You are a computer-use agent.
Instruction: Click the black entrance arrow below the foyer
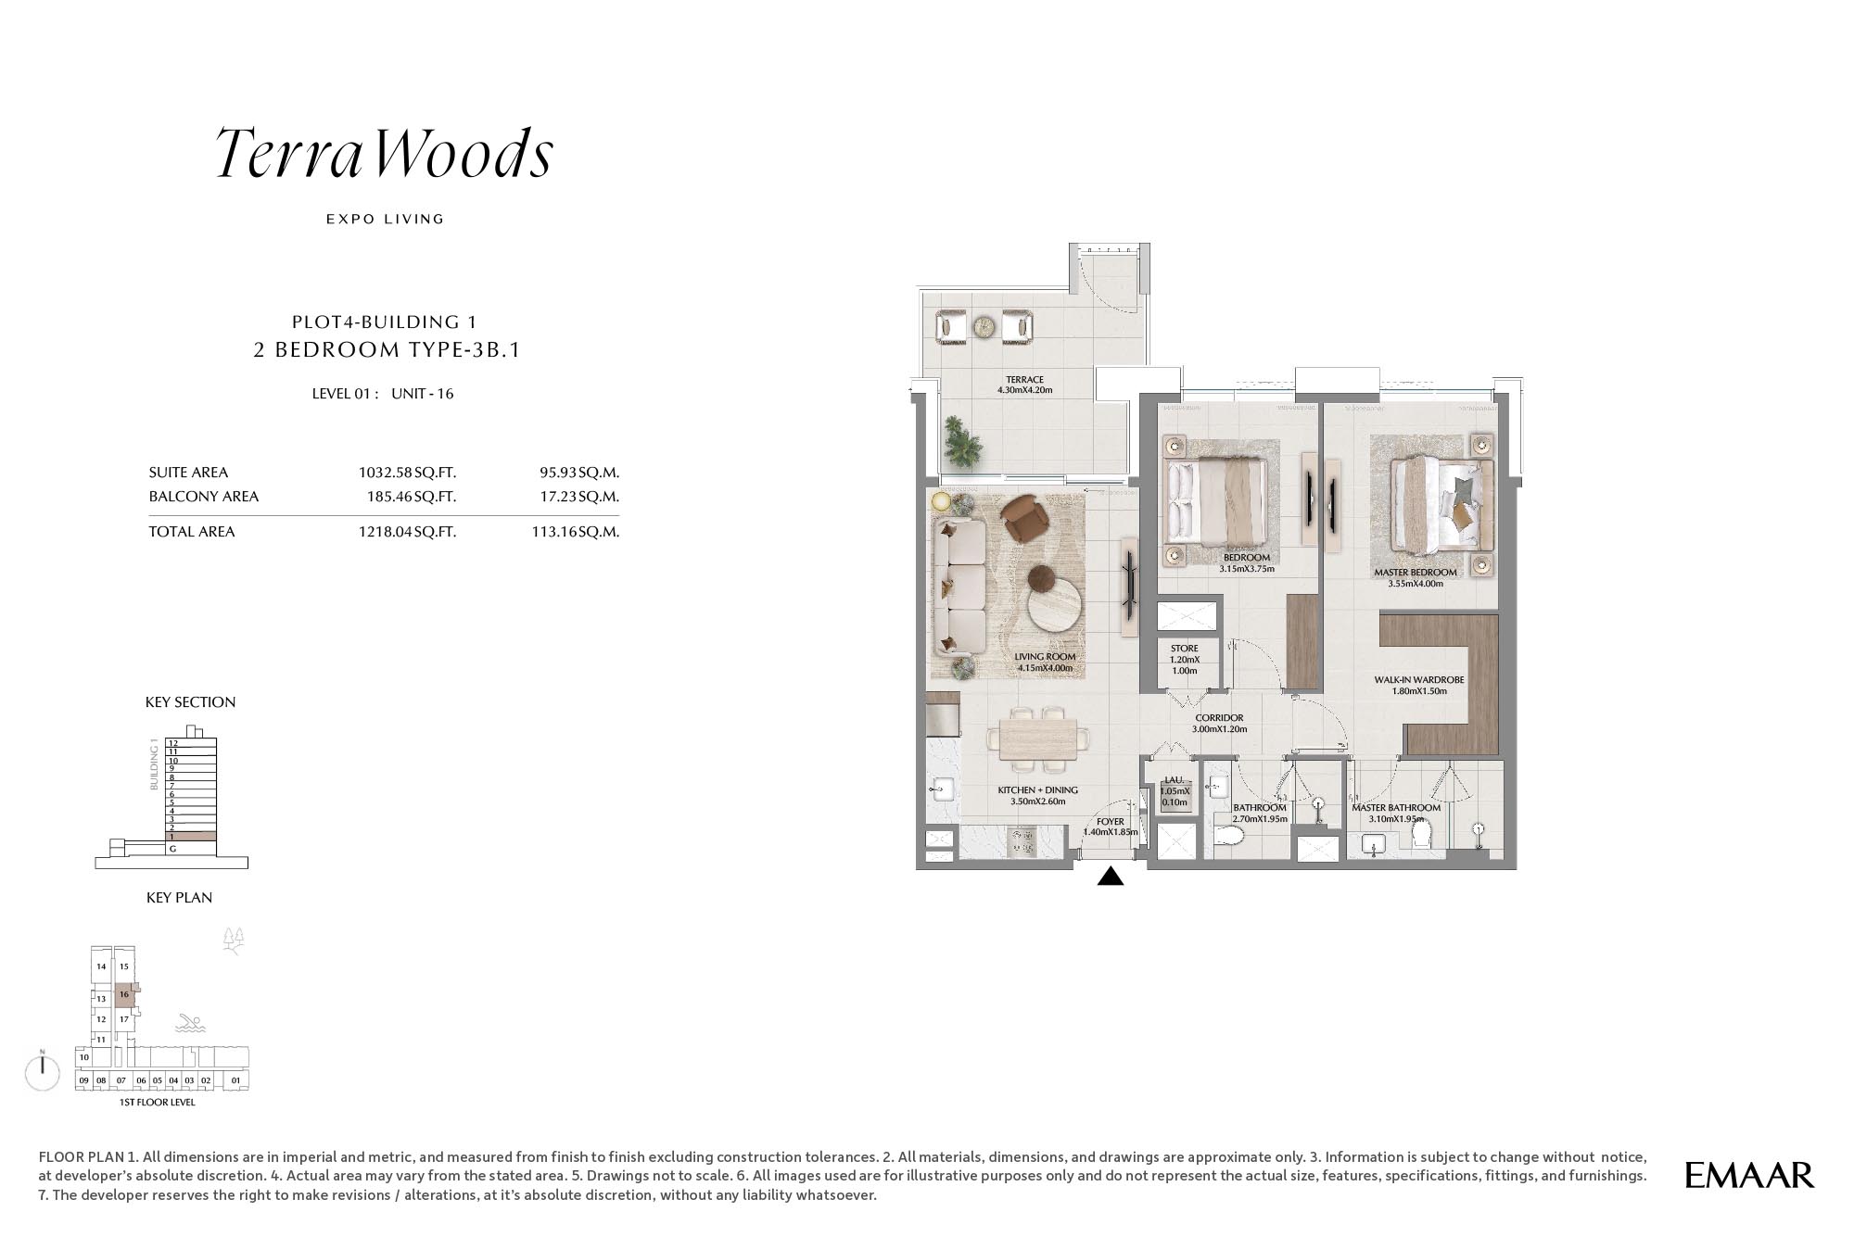(1111, 876)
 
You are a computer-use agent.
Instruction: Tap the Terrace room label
(1025, 385)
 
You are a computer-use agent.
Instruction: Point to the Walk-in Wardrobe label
(1419, 685)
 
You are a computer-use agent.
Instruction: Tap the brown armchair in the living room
(1026, 519)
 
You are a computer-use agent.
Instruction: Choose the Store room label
(1185, 659)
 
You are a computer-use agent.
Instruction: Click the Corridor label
(1220, 723)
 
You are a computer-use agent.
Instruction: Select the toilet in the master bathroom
(1421, 836)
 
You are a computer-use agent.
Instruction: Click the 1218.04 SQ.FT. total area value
(407, 532)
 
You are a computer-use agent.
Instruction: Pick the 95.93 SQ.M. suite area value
(579, 473)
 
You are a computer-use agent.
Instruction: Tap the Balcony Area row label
(204, 497)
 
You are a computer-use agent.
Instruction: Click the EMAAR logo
(1749, 1175)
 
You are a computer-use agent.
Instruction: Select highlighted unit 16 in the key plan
(124, 994)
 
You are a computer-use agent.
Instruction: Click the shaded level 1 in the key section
(191, 836)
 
